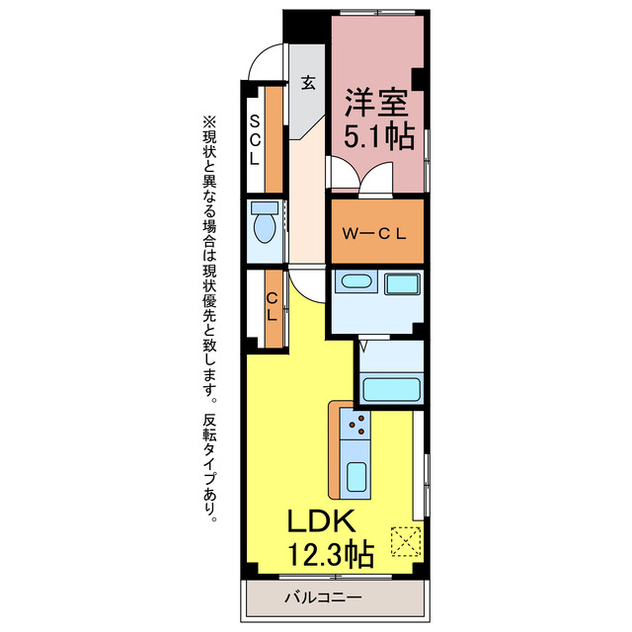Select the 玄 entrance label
[308, 83]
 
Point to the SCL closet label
[255, 138]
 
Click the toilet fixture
[264, 226]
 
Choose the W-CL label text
[376, 234]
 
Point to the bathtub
[391, 387]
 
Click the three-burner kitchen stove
[358, 427]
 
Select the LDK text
[326, 521]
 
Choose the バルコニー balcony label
[323, 596]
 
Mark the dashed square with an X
[405, 541]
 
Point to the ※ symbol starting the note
[207, 121]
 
